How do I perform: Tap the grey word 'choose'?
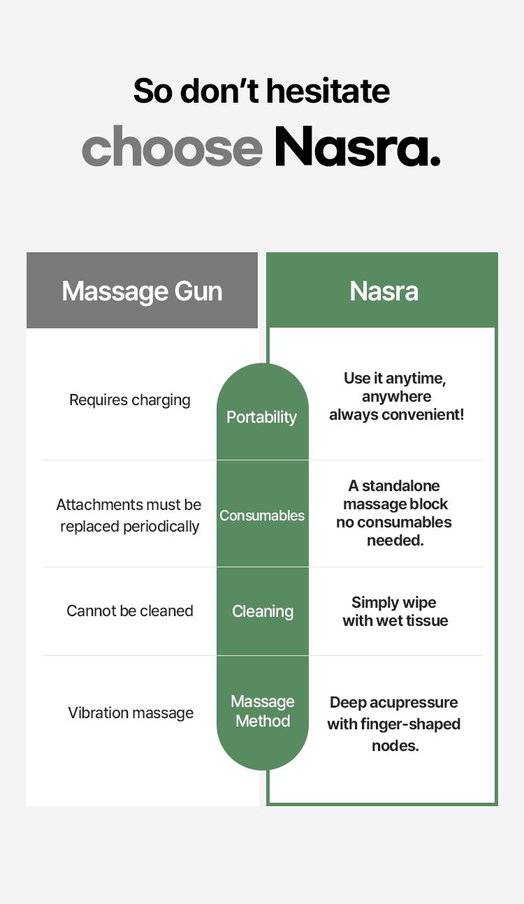click(x=172, y=147)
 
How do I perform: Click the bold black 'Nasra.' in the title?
click(x=357, y=147)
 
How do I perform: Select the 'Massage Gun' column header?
click(x=142, y=291)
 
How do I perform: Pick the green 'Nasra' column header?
click(x=384, y=291)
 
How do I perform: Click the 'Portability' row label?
click(x=262, y=417)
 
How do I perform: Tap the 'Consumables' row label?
click(x=262, y=516)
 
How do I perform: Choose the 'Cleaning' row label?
click(x=263, y=611)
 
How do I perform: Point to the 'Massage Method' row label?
click(x=263, y=711)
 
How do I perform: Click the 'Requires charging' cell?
click(x=130, y=400)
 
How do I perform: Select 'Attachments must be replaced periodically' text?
click(x=129, y=516)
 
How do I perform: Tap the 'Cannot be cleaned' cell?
click(x=130, y=611)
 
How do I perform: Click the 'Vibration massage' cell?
click(x=131, y=713)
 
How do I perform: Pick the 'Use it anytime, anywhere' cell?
click(x=395, y=396)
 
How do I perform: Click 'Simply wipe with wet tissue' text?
click(x=395, y=611)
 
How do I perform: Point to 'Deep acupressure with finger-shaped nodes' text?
click(x=394, y=724)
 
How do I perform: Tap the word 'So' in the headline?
click(x=152, y=91)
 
